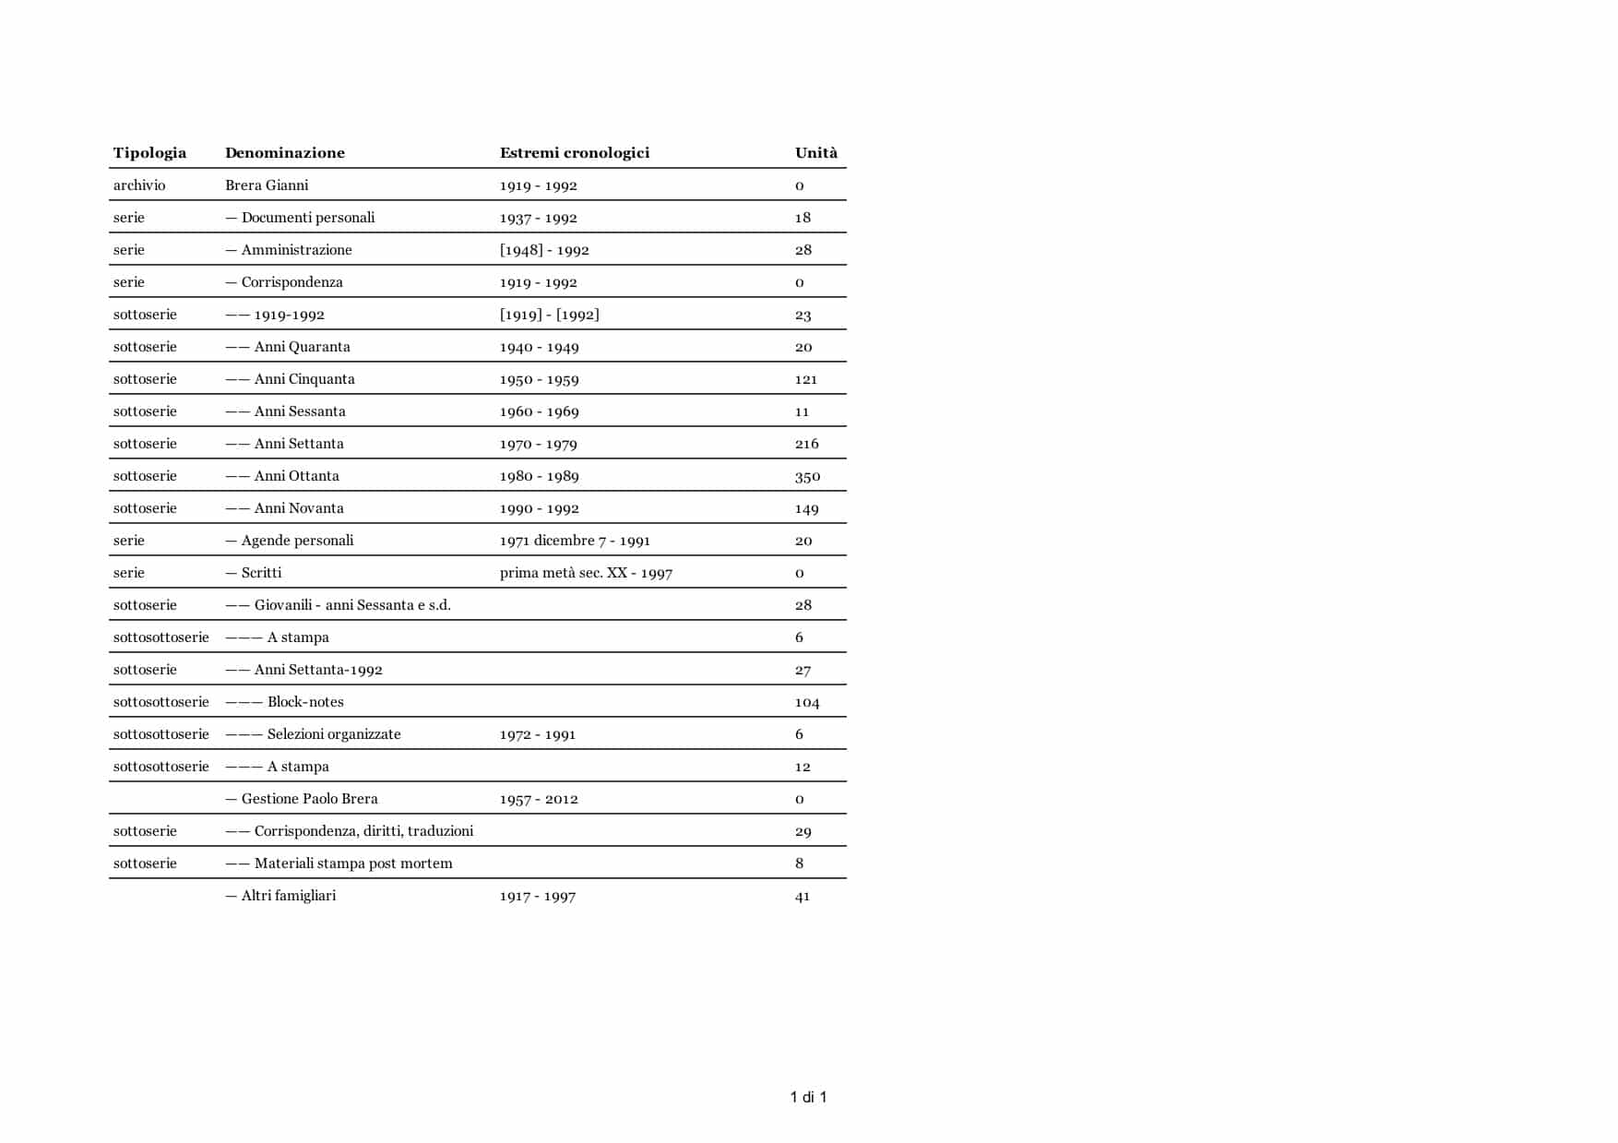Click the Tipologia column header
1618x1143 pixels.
(149, 153)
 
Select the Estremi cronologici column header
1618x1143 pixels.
(574, 153)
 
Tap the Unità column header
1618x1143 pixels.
(815, 153)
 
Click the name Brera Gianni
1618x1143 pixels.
(267, 185)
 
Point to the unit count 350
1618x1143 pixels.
(807, 476)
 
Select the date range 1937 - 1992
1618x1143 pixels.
(538, 218)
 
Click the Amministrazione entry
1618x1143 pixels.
(296, 250)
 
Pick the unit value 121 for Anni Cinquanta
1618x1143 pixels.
(805, 379)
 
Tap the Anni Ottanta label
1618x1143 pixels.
(296, 476)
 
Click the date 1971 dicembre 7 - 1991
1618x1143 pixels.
(575, 541)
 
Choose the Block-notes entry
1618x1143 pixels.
(304, 702)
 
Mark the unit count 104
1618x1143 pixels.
(806, 702)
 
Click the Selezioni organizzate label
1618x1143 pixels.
(333, 734)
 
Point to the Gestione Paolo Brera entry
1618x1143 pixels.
(309, 799)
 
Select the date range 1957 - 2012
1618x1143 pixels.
(539, 799)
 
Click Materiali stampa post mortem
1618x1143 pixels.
(352, 863)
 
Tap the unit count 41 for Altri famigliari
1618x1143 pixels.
(802, 896)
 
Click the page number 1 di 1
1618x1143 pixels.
(808, 1097)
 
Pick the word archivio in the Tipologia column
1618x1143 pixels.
(139, 185)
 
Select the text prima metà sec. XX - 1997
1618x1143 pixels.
(586, 573)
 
